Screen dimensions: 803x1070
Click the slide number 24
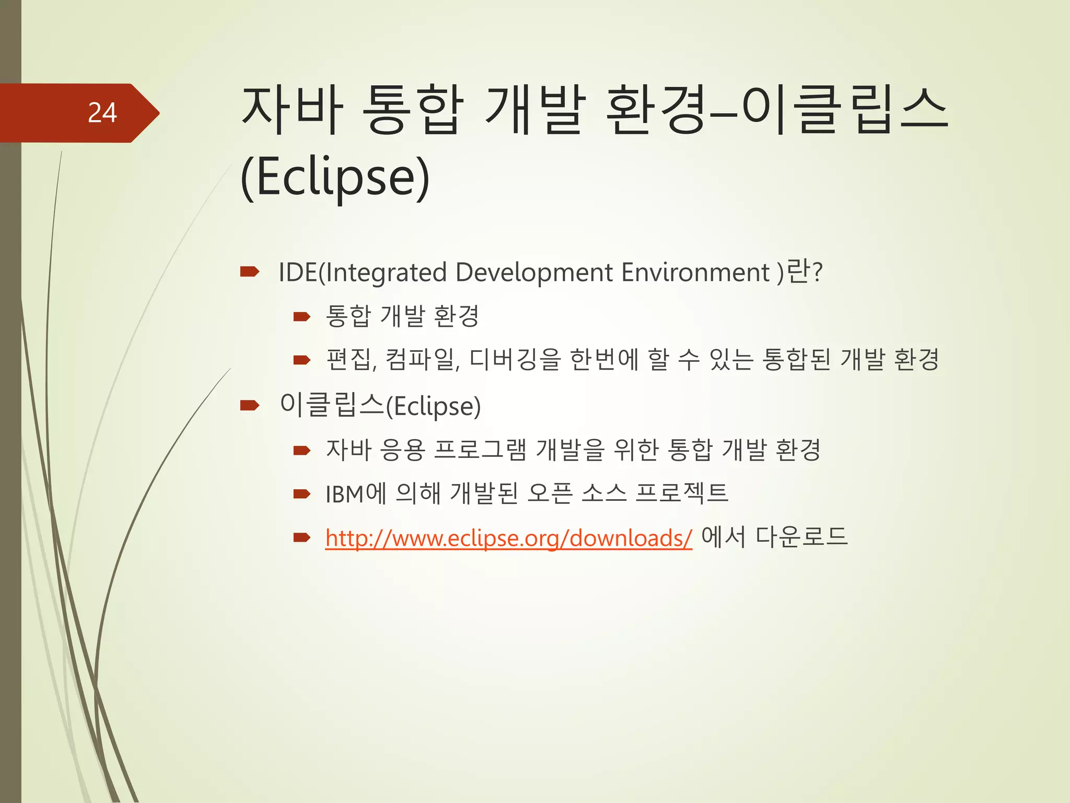click(102, 113)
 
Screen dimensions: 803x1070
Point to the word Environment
click(695, 272)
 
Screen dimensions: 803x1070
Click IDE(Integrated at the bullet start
click(363, 272)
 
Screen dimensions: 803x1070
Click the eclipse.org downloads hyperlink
click(508, 538)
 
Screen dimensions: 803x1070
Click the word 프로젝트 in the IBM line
click(682, 493)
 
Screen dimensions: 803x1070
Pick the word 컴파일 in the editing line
click(421, 360)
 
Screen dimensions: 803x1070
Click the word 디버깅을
click(515, 360)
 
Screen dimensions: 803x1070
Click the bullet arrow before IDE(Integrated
click(250, 271)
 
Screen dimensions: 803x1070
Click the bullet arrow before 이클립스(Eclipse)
click(250, 405)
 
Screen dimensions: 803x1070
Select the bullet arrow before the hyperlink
click(302, 537)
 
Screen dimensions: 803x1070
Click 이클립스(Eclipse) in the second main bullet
click(380, 406)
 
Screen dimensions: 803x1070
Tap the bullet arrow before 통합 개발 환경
click(302, 316)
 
